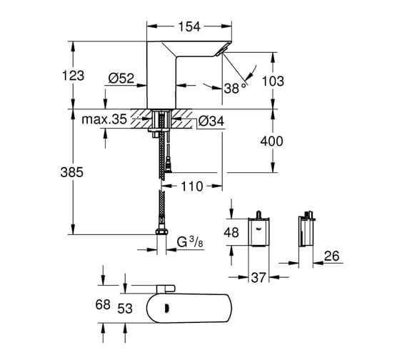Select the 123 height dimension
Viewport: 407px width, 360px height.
(x=74, y=75)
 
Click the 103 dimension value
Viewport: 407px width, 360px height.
(x=272, y=81)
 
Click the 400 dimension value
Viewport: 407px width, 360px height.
(x=272, y=142)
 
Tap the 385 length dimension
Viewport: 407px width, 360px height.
(x=73, y=172)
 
